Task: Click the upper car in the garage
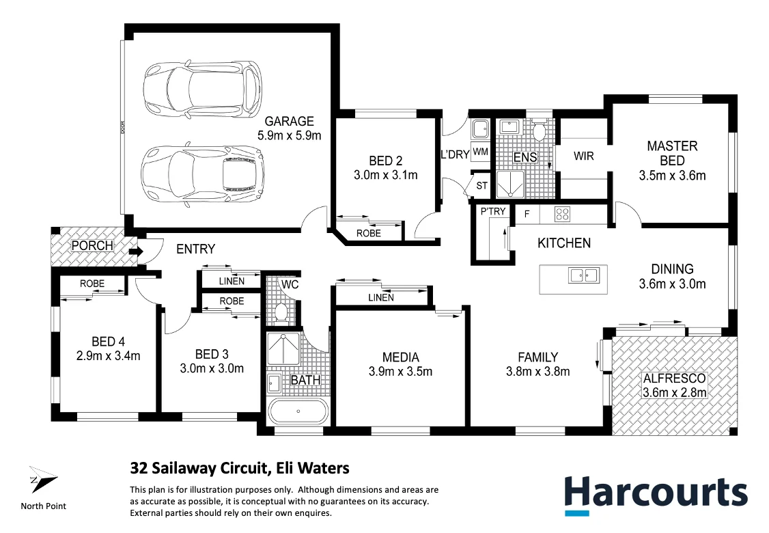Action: [202, 91]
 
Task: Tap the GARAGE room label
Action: [289, 122]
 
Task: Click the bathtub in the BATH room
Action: [298, 413]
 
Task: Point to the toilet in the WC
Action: [280, 312]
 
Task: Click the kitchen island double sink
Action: [582, 275]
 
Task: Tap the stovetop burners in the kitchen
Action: [563, 214]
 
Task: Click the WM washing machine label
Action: [480, 151]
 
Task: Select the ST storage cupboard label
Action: [482, 186]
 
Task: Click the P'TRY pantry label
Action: [493, 211]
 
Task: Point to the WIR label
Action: [583, 156]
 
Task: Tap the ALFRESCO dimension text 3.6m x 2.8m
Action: [674, 392]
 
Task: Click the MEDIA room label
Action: [400, 357]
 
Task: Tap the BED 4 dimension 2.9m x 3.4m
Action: [107, 355]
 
